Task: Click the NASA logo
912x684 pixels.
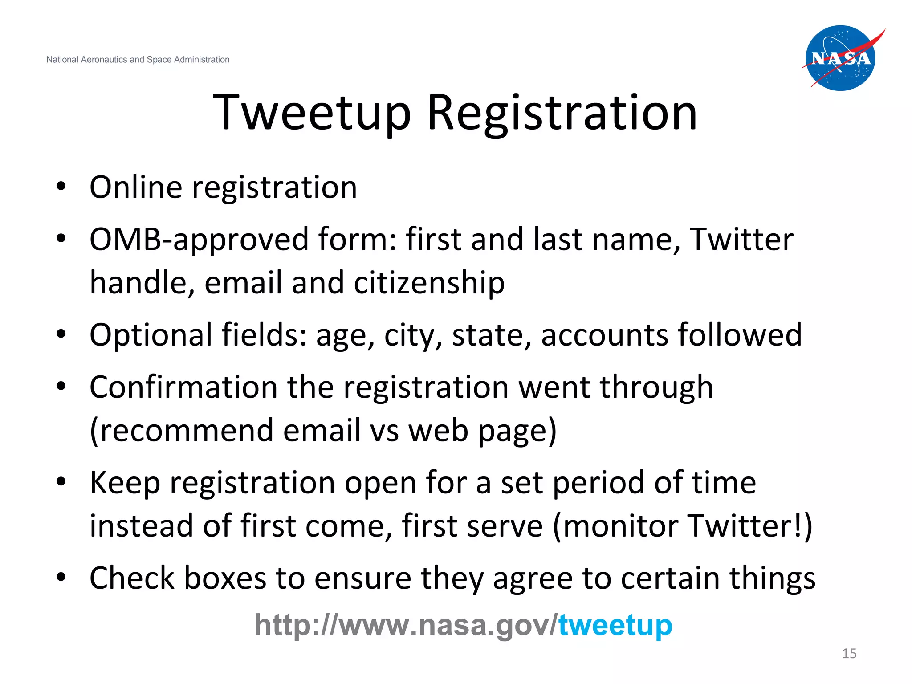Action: pos(841,58)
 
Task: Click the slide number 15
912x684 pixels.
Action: pos(849,653)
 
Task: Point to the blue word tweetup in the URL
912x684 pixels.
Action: pos(615,625)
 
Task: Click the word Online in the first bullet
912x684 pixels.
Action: pos(136,187)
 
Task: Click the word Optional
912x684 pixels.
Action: pos(151,335)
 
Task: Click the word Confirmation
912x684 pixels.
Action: pos(183,387)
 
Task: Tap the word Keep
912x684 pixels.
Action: pos(125,483)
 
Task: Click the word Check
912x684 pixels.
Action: pos(132,578)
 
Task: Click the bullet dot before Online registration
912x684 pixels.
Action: pos(61,186)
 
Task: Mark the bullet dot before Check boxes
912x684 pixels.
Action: pos(61,577)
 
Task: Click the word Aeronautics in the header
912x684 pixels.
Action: pos(104,60)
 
